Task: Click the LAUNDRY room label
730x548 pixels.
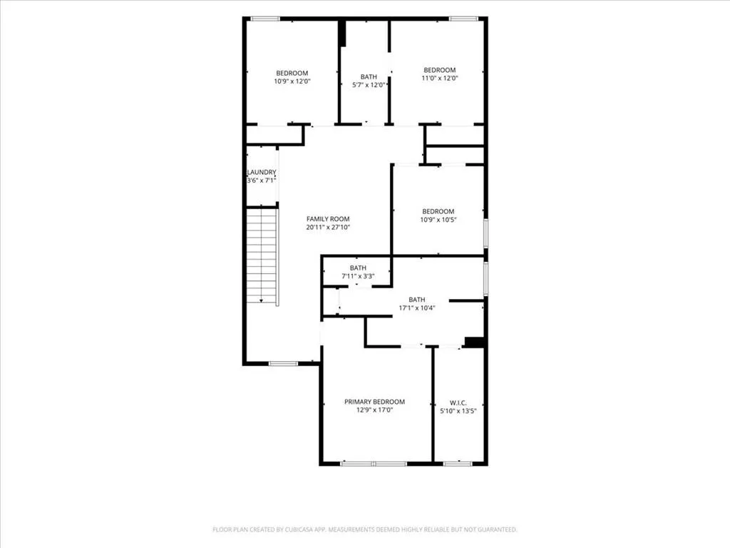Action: (262, 172)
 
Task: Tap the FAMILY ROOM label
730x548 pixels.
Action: (328, 218)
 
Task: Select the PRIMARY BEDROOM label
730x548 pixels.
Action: (375, 402)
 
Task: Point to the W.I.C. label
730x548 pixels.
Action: (458, 402)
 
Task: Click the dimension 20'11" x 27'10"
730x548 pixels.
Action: (328, 228)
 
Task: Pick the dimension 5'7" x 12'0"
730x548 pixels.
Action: (369, 85)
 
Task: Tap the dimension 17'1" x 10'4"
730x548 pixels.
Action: (416, 308)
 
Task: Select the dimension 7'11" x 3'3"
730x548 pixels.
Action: (358, 276)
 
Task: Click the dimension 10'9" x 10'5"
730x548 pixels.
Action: (438, 220)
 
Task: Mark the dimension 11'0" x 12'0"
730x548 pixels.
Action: (439, 78)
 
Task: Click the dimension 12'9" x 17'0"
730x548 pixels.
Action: (375, 410)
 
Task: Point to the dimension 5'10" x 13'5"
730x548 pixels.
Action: (458, 411)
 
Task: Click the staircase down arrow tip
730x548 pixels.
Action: (262, 302)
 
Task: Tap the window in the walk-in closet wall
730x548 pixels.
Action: (458, 464)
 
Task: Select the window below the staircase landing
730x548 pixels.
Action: (283, 363)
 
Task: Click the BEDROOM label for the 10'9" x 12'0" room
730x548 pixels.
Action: (292, 73)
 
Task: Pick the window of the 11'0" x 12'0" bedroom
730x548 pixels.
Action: (463, 19)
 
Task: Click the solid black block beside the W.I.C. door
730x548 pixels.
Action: (475, 342)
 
